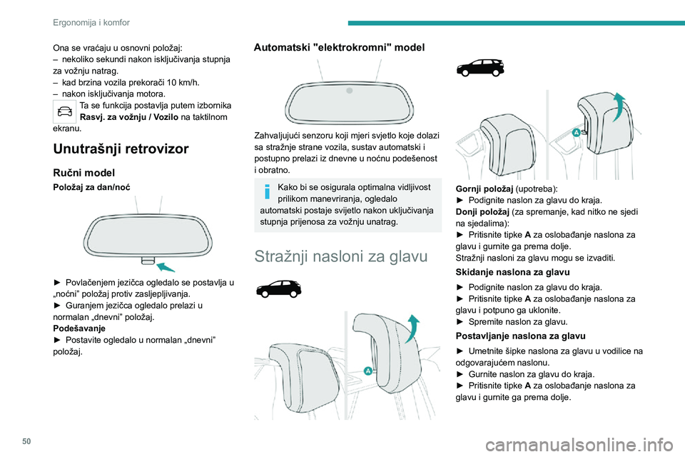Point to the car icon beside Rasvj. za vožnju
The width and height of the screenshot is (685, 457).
pos(66,111)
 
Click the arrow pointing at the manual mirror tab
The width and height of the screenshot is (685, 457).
pos(166,266)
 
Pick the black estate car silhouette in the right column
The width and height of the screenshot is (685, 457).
pos(481,68)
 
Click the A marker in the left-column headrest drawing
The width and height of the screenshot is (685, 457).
pos(368,370)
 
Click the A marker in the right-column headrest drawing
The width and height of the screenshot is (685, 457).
pos(576,132)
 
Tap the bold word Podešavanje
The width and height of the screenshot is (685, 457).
pos(80,329)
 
